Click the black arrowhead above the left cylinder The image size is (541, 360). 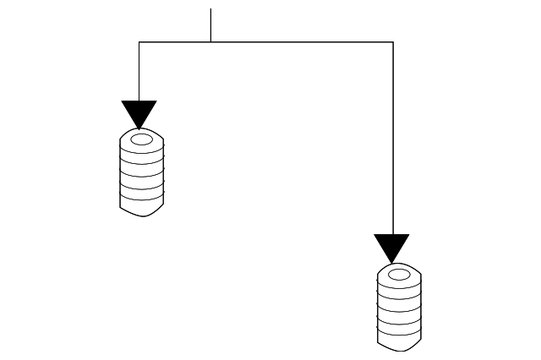click(x=139, y=112)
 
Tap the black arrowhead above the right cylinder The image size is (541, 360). click(x=392, y=247)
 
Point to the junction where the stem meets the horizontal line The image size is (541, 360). click(x=210, y=41)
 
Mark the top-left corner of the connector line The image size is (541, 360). click(x=139, y=41)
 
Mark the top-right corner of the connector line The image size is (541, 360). click(x=393, y=41)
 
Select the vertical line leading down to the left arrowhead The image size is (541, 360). click(x=139, y=71)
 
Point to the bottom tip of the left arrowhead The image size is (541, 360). click(x=139, y=128)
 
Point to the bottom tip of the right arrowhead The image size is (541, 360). click(x=392, y=263)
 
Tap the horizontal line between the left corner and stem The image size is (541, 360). click(x=174, y=41)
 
